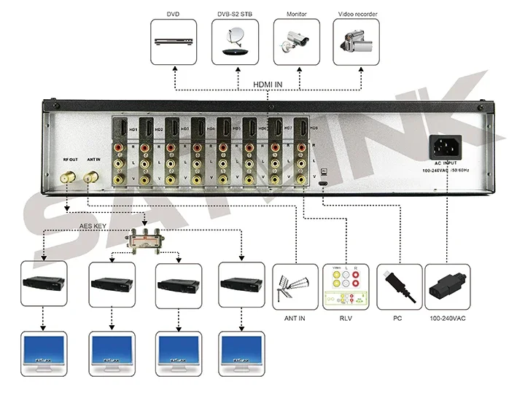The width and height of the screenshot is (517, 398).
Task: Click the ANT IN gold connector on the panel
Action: pyautogui.click(x=93, y=176)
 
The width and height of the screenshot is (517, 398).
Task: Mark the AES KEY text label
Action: pyautogui.click(x=97, y=227)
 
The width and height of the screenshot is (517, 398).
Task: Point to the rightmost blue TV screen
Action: pyautogui.click(x=241, y=356)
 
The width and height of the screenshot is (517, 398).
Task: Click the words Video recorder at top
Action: pyautogui.click(x=357, y=14)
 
